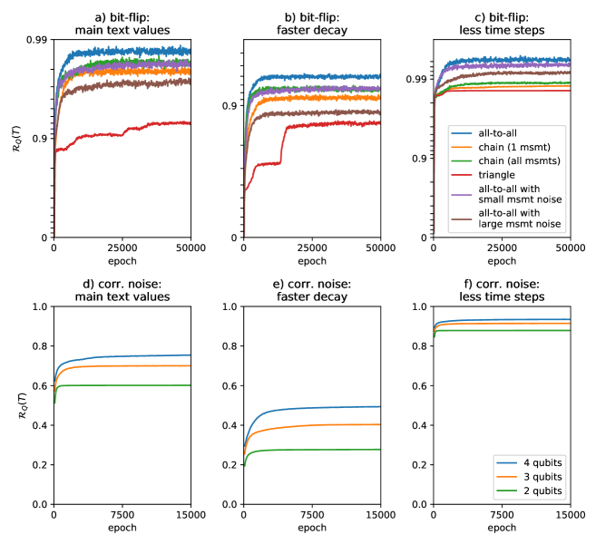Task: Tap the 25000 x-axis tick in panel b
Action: [x=311, y=248]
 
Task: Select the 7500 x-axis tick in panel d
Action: [x=122, y=514]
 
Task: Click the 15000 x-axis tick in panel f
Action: [x=568, y=514]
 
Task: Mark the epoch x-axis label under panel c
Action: [x=501, y=260]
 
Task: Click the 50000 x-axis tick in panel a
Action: [x=190, y=248]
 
